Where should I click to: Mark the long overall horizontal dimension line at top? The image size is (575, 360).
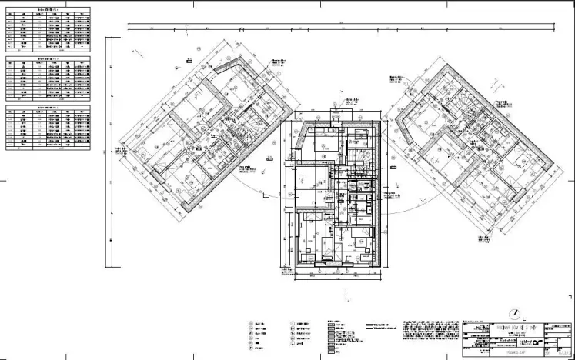pos(339,28)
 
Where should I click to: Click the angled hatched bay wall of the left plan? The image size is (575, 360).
pos(230,74)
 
